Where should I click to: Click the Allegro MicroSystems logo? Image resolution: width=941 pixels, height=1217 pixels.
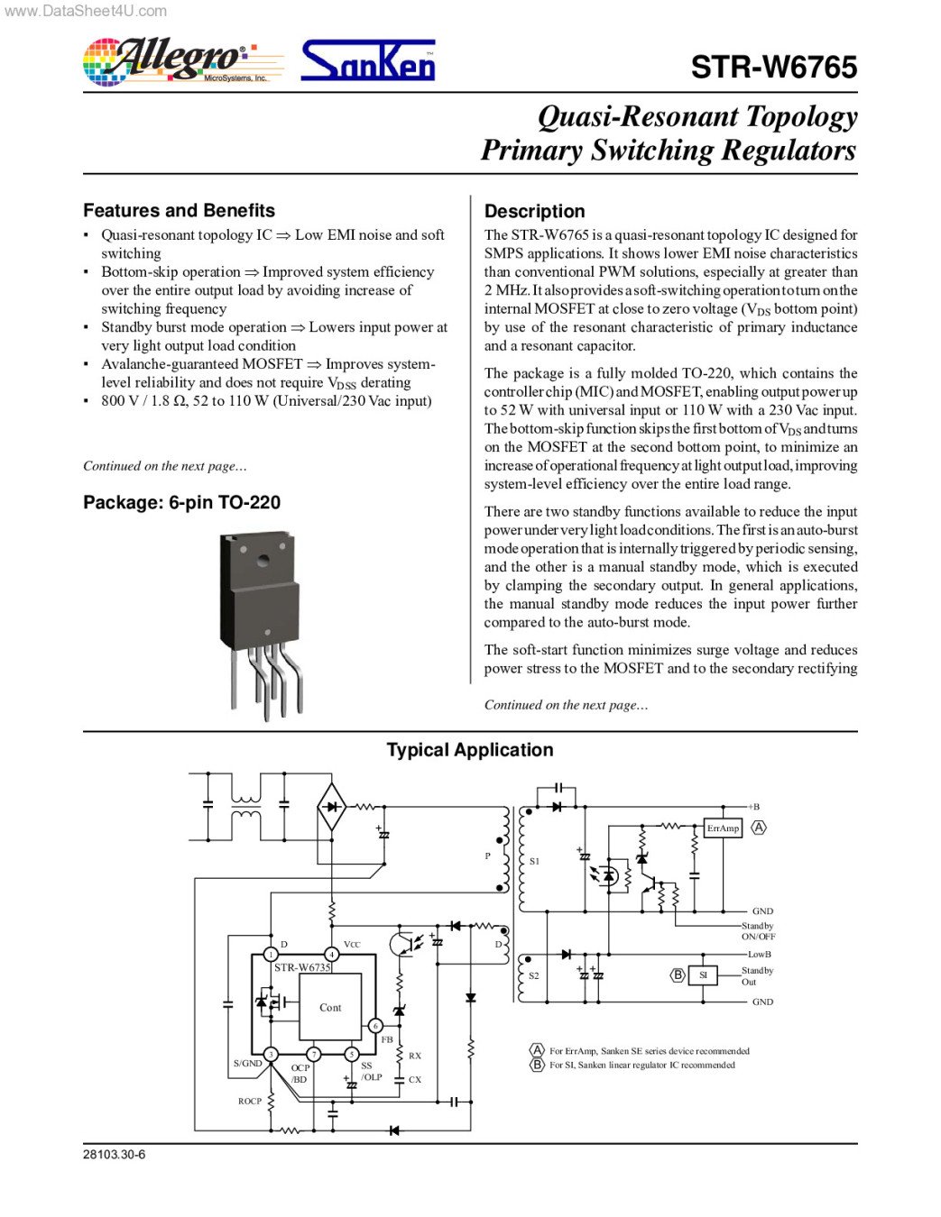(x=171, y=61)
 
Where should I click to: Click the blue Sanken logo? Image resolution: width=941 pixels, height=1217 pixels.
(x=367, y=61)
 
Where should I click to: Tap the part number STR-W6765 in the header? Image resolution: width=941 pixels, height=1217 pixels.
(x=773, y=68)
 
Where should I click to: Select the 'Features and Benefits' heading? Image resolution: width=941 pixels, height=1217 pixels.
(x=179, y=210)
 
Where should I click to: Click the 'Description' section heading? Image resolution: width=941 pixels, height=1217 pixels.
(x=534, y=211)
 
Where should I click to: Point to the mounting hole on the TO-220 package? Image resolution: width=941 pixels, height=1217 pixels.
(x=263, y=561)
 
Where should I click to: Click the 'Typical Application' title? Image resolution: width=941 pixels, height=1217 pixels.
(x=469, y=750)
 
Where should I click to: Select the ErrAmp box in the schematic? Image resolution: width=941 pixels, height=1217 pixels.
(x=723, y=828)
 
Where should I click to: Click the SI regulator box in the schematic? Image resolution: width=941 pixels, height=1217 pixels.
(x=703, y=975)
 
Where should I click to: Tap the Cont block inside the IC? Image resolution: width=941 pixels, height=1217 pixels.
(x=330, y=1008)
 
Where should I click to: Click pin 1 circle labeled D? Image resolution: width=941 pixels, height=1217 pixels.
(x=271, y=954)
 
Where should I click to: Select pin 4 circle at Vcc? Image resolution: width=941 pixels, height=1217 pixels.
(x=332, y=954)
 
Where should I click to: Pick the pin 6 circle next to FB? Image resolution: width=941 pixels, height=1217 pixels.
(x=375, y=1026)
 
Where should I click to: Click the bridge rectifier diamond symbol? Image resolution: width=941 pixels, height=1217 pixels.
(x=332, y=808)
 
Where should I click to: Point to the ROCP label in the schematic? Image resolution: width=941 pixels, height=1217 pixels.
(x=250, y=1101)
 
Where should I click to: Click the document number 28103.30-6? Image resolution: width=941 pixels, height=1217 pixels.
(x=114, y=1155)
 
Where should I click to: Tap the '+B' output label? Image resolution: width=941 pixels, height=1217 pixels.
(x=753, y=807)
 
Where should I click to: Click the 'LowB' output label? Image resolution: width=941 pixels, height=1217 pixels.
(x=759, y=954)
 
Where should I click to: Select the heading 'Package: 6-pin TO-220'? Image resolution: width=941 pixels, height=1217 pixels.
(x=181, y=502)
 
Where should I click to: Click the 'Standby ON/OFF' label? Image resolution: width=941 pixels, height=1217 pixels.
(x=758, y=931)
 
